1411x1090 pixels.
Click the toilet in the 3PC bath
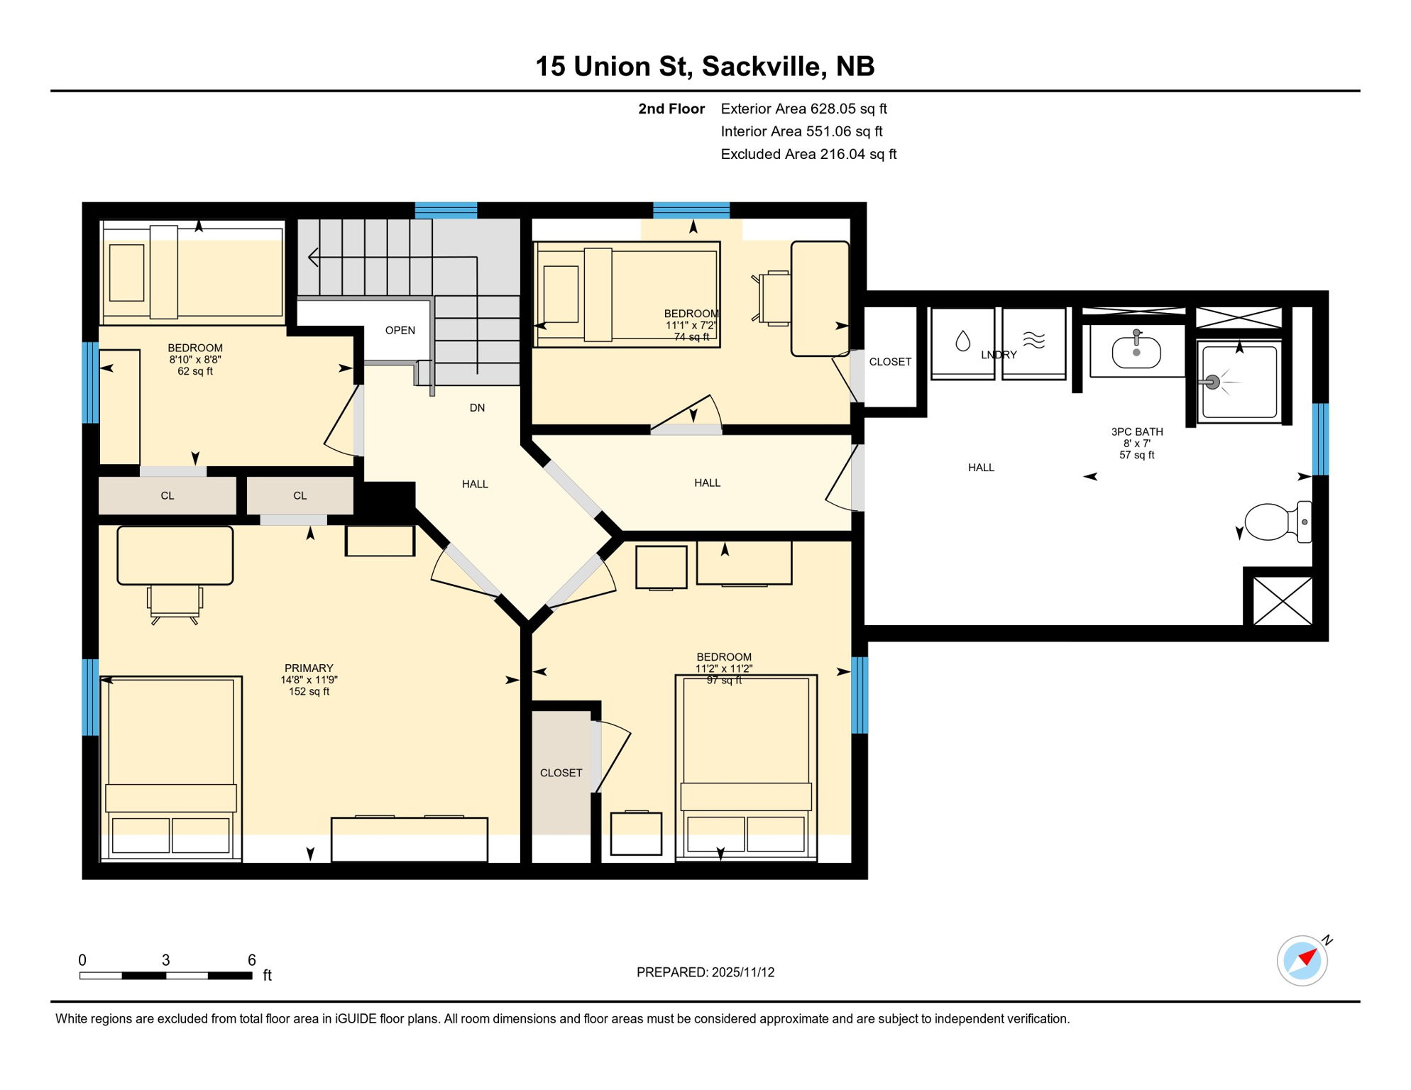(1276, 522)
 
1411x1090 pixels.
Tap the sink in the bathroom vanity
(1136, 352)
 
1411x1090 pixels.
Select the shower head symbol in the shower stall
(1213, 382)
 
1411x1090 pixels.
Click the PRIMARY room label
(309, 668)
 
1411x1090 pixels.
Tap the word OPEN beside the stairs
(400, 331)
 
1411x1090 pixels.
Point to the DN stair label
(477, 408)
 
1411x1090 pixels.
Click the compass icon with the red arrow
(1302, 961)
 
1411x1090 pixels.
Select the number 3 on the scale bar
(165, 960)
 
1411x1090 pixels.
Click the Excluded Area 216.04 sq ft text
(808, 155)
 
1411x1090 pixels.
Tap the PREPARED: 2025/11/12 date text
(705, 973)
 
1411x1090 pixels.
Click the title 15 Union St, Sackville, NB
(705, 67)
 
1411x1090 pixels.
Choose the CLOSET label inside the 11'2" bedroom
(561, 773)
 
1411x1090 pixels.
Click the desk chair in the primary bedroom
(175, 603)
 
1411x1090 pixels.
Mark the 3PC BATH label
(1137, 431)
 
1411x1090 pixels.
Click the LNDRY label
(999, 355)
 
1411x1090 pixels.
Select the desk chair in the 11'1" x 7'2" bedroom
(773, 298)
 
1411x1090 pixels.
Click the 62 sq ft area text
(195, 371)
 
